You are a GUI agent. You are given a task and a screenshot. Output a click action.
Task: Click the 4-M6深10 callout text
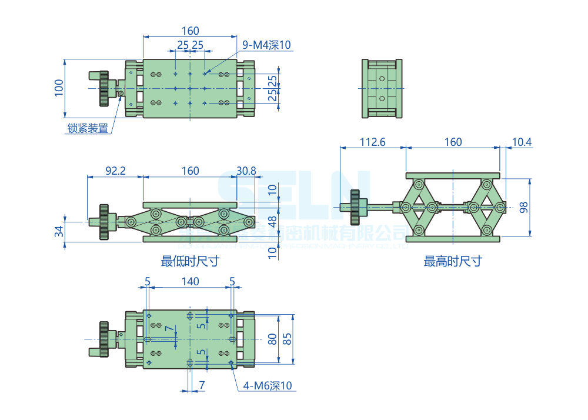click(x=268, y=386)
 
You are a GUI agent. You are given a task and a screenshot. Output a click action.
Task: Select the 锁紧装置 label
click(x=88, y=128)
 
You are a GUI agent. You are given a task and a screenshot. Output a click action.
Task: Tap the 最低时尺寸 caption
click(x=190, y=261)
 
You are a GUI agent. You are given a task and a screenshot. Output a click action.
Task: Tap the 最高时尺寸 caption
click(x=453, y=261)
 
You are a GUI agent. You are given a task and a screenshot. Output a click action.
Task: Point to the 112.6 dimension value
click(x=372, y=142)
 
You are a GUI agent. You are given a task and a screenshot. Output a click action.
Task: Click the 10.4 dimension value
click(x=522, y=142)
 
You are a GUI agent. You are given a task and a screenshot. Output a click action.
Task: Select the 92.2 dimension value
click(x=115, y=171)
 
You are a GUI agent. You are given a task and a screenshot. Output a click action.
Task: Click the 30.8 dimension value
click(x=246, y=171)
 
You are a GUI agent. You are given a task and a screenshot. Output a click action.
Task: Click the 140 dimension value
click(x=190, y=282)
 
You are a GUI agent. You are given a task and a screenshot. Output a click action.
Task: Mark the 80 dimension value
click(x=272, y=339)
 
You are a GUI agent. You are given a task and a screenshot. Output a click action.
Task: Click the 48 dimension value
click(x=272, y=221)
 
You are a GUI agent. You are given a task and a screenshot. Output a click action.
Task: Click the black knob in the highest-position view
click(x=356, y=207)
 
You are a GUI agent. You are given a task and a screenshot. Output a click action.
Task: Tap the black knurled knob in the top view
click(x=105, y=88)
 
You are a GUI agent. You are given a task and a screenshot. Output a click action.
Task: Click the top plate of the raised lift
click(x=452, y=175)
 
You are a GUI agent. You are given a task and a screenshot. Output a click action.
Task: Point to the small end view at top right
click(x=382, y=88)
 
